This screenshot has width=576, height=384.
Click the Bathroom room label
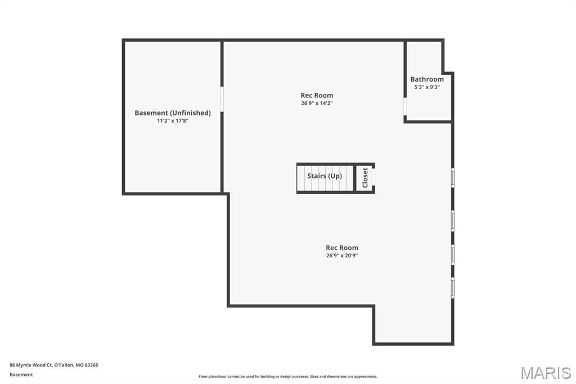427,79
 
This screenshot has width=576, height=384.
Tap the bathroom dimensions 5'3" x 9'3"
427,87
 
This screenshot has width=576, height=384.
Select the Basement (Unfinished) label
173,113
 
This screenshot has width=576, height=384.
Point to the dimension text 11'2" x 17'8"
173,120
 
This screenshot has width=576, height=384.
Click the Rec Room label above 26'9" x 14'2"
317,95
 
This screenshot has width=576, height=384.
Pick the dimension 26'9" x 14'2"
317,104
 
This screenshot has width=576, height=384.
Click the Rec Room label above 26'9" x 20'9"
342,248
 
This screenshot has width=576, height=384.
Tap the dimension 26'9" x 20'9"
342,256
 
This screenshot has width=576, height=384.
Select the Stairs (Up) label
325,176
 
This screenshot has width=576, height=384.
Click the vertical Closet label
365,178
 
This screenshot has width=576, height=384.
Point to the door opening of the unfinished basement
222,99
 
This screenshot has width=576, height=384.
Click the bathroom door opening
405,106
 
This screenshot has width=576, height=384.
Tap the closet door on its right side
373,178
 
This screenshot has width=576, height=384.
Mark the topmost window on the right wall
453,178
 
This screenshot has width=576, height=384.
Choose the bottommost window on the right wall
453,288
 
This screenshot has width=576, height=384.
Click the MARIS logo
546,373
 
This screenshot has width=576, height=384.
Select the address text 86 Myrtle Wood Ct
30,365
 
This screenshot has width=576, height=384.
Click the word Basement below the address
21,374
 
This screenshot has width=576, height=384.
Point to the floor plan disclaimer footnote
288,376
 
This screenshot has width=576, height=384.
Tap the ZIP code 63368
92,365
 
